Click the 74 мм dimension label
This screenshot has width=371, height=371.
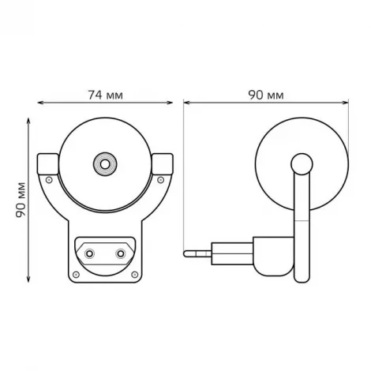click(x=105, y=95)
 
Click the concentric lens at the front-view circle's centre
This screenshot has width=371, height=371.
click(x=104, y=164)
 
